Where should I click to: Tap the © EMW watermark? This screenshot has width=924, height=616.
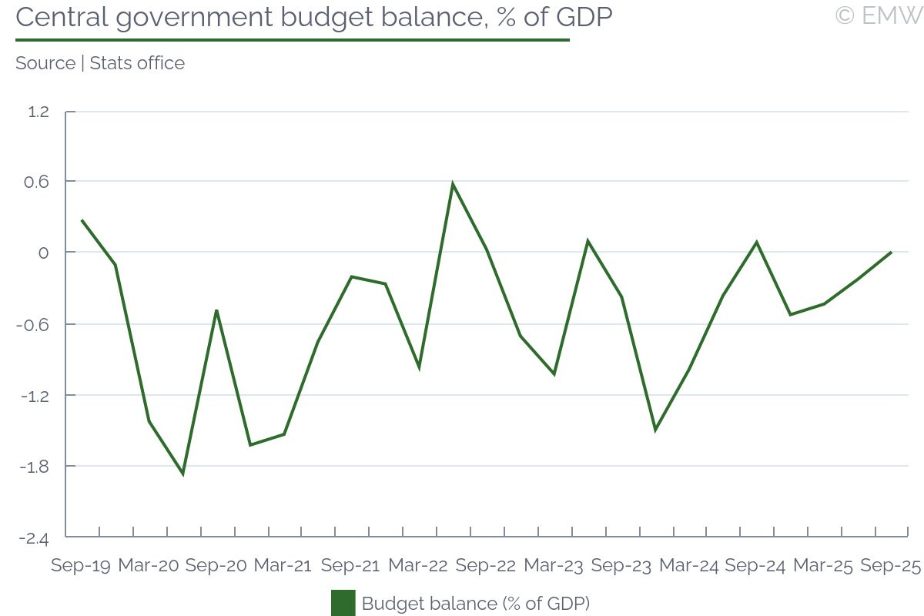tap(878, 15)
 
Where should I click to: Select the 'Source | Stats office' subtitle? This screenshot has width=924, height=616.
tap(100, 63)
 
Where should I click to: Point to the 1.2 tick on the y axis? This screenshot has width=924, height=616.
tap(38, 112)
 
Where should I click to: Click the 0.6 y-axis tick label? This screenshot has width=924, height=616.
tap(38, 182)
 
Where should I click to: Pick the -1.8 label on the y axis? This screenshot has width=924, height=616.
tap(35, 467)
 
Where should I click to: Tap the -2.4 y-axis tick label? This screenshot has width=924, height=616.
tap(35, 537)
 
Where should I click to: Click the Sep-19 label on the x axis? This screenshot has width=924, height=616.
tap(81, 566)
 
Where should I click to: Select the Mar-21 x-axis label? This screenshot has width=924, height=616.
tap(283, 566)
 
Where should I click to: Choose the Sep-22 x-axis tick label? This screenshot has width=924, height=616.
tap(486, 566)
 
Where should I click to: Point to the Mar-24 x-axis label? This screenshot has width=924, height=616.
tap(688, 566)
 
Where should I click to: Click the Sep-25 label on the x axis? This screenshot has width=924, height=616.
tap(891, 566)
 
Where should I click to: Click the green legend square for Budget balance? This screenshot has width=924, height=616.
tap(343, 603)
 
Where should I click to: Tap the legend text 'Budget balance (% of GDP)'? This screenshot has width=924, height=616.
tap(475, 603)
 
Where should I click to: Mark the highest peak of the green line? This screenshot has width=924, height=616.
tap(453, 183)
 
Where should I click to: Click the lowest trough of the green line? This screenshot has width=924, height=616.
tap(182, 474)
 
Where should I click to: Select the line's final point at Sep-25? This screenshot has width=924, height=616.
tap(891, 252)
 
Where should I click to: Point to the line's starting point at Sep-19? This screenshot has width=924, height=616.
tap(82, 220)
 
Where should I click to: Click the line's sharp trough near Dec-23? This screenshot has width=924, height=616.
tap(655, 430)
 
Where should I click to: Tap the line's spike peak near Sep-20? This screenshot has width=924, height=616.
tap(216, 310)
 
